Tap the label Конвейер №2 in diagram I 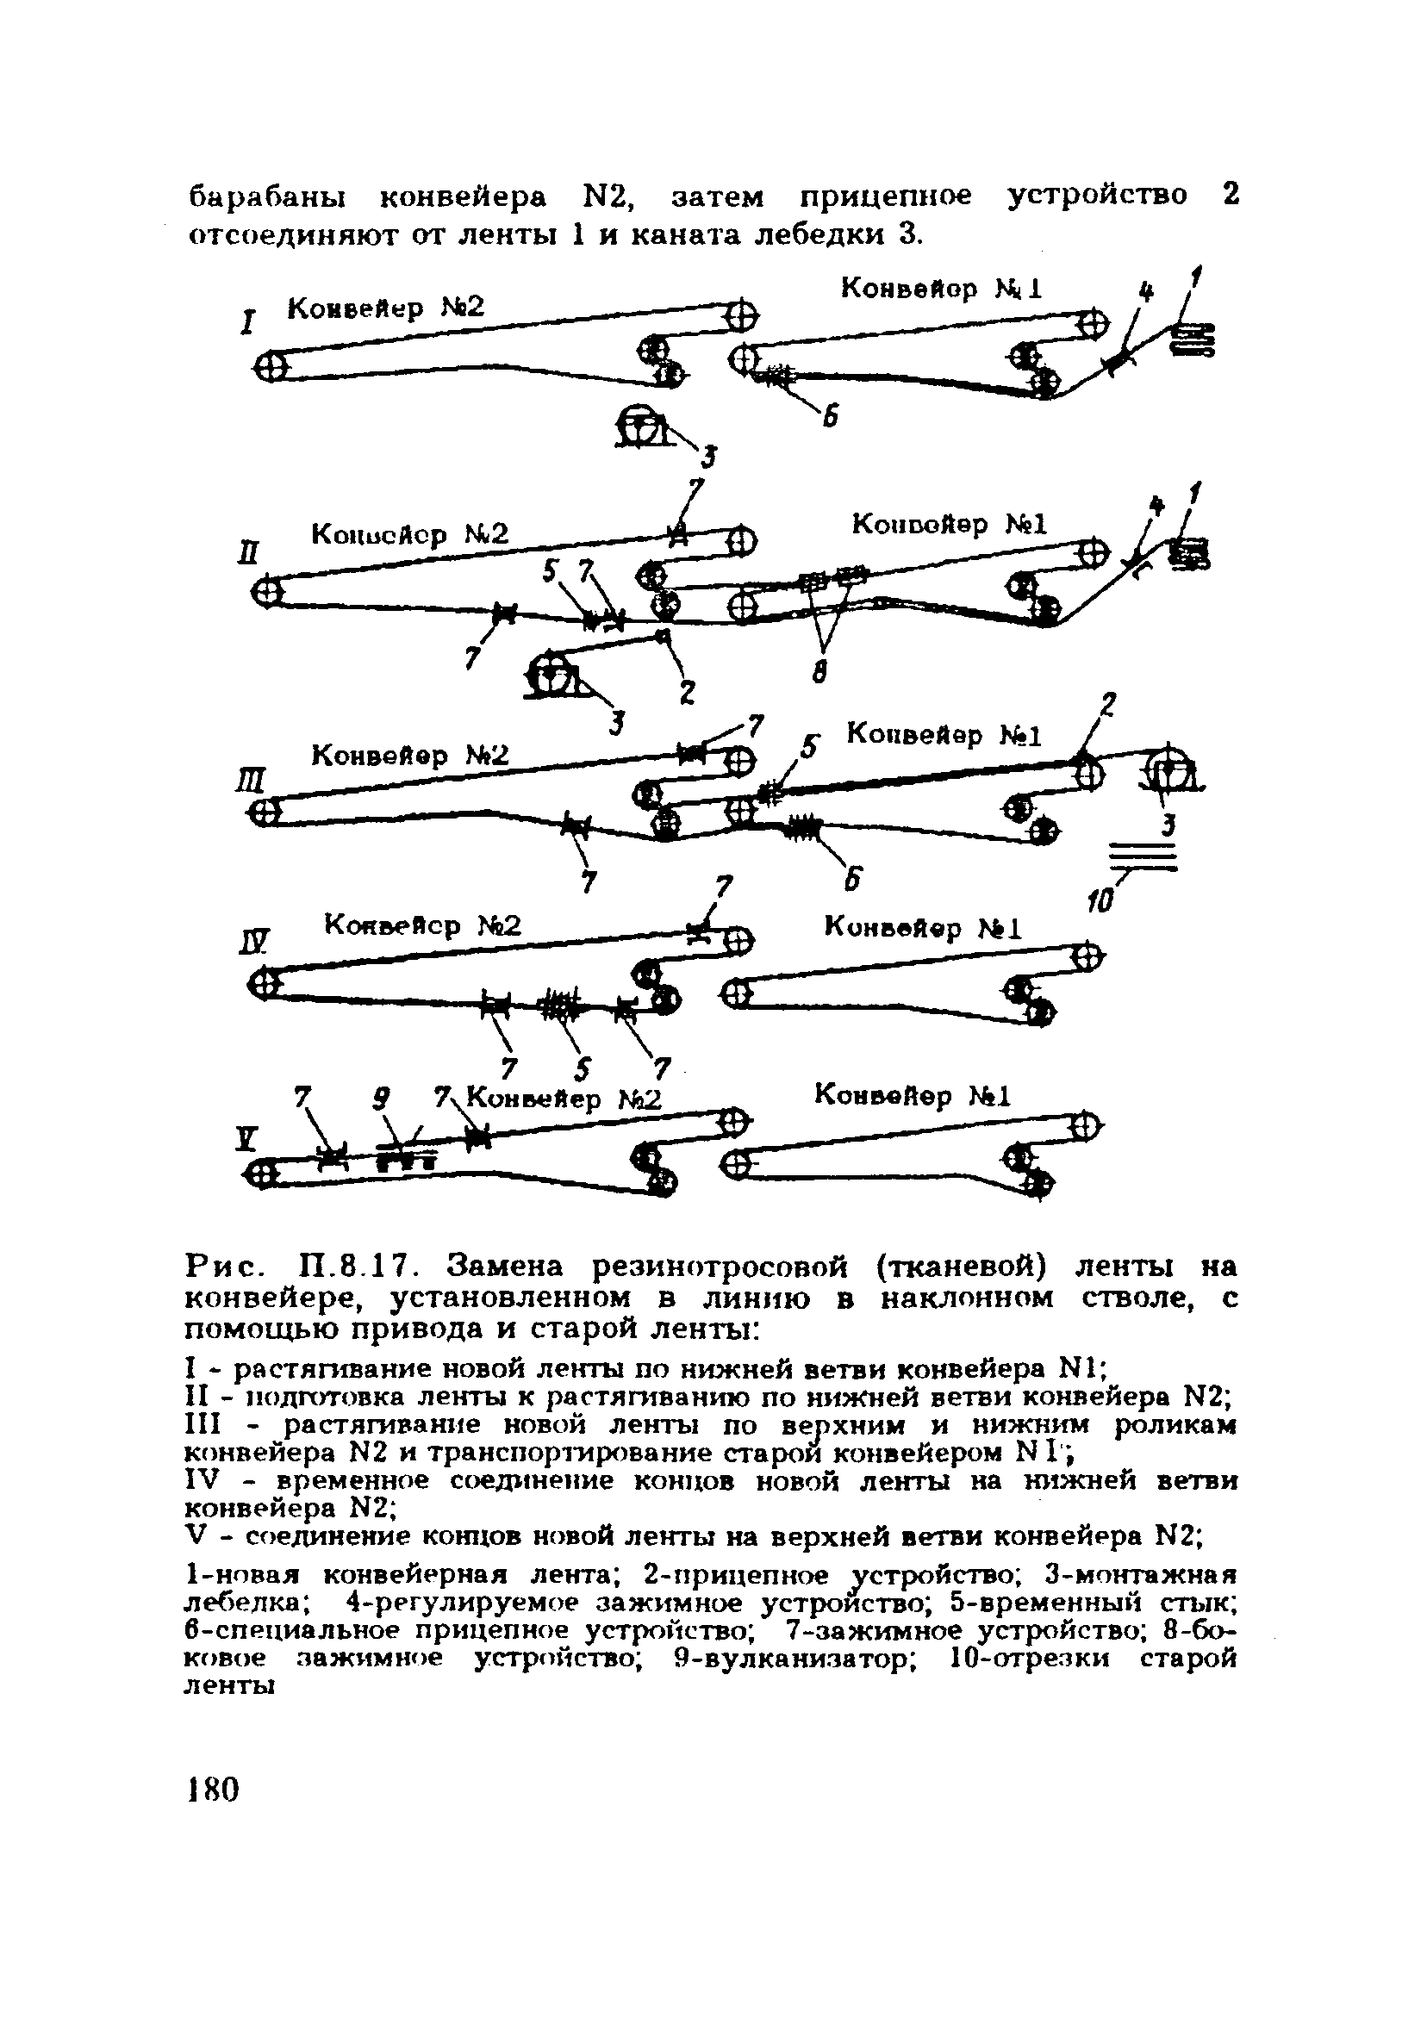pyautogui.click(x=387, y=308)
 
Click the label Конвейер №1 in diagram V pyautogui.click(x=913, y=1096)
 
